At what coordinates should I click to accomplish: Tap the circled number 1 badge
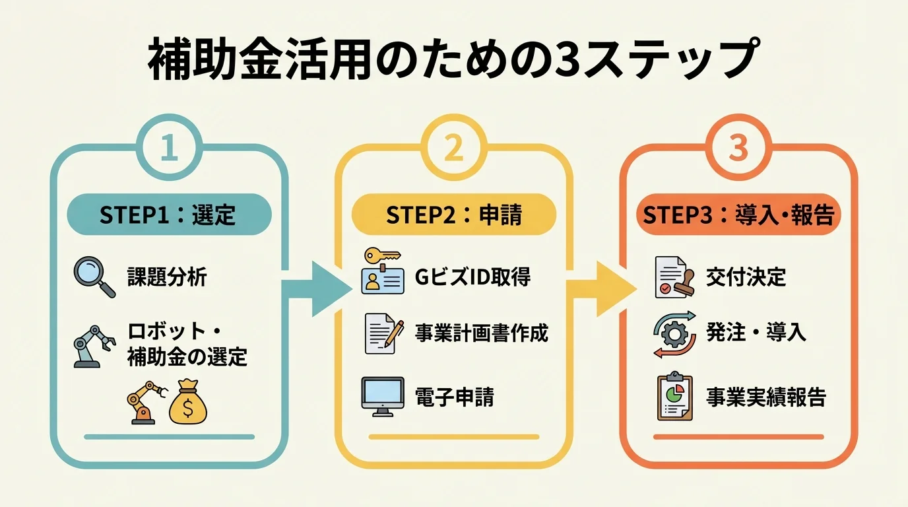click(x=169, y=148)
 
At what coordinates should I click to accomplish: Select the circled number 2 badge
click(x=453, y=148)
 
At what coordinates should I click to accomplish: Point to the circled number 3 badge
click(x=738, y=148)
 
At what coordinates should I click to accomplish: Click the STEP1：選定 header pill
click(x=169, y=215)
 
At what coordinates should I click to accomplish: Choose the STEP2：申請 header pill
click(x=453, y=215)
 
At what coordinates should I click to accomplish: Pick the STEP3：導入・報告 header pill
click(x=738, y=215)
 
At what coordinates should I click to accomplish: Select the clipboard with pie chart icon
click(x=674, y=396)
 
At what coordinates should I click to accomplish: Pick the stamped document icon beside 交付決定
click(x=674, y=277)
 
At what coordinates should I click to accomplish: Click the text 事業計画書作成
click(x=482, y=333)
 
